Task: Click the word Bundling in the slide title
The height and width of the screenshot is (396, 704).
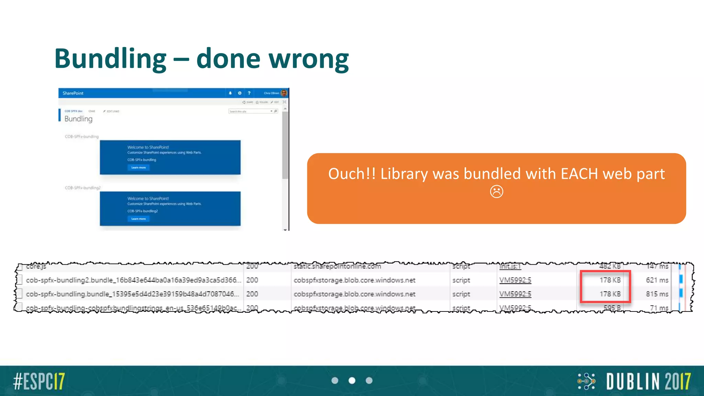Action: (x=110, y=59)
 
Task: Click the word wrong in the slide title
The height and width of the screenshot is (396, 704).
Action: (x=309, y=59)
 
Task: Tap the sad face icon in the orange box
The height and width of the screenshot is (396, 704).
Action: (x=496, y=191)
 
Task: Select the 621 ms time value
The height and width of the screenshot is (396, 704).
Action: (x=657, y=280)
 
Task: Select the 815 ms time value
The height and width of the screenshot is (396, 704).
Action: (x=657, y=294)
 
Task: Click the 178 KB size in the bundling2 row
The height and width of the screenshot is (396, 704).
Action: (x=610, y=280)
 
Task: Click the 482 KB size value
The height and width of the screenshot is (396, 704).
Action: (x=610, y=266)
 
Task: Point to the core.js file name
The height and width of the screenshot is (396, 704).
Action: (x=36, y=266)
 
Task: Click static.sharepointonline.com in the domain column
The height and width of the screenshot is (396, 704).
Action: (x=337, y=266)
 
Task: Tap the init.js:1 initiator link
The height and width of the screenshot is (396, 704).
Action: (x=510, y=266)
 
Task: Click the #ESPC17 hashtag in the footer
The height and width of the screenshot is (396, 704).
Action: (x=39, y=381)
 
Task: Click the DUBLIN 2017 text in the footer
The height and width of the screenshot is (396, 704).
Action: (x=648, y=381)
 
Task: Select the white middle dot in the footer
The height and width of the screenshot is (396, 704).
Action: (x=352, y=381)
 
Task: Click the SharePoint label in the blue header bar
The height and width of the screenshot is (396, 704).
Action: (x=73, y=93)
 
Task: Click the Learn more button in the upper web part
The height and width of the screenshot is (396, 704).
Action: (x=139, y=167)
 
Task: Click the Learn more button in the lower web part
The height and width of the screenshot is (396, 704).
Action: (x=139, y=219)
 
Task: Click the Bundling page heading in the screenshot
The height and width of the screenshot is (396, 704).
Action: (x=78, y=119)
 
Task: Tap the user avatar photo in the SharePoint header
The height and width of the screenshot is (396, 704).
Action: (x=284, y=93)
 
